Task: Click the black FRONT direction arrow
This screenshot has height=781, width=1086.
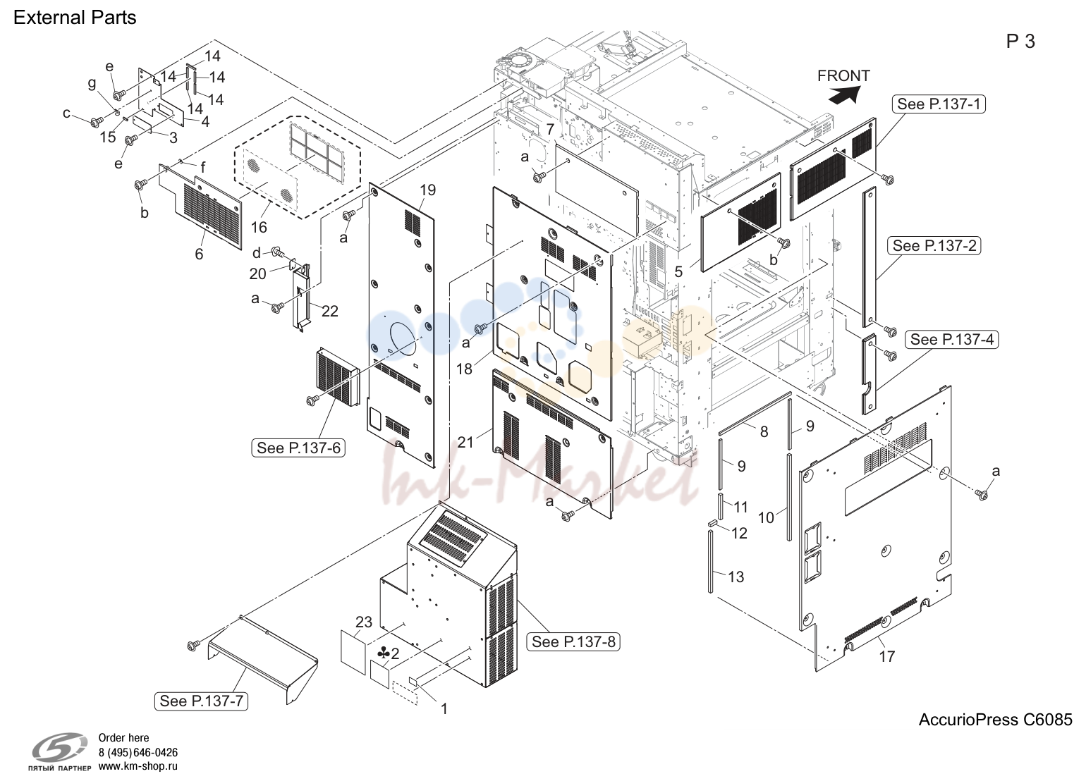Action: pos(846,95)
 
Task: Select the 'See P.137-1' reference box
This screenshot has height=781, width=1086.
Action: pos(939,104)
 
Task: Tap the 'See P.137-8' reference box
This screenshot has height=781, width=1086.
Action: pos(573,641)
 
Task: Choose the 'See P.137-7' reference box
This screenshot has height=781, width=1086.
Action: pos(201,701)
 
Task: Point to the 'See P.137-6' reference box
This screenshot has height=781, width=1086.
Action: pos(298,448)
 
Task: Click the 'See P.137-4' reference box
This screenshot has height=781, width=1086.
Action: pos(952,340)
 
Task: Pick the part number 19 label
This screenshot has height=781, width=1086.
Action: pos(427,190)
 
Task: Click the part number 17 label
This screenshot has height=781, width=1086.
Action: pos(886,656)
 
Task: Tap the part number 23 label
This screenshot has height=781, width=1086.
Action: pos(364,622)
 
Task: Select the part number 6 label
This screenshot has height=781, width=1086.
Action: pos(199,254)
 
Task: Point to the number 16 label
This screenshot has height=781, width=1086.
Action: pos(259,227)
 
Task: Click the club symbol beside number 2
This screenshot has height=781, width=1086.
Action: pos(383,653)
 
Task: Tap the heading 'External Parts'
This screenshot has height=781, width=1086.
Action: pos(75,18)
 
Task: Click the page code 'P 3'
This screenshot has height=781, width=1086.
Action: pos(1020,42)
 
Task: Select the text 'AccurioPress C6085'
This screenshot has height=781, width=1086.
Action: pos(995,720)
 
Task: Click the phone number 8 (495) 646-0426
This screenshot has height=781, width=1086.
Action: pos(138,752)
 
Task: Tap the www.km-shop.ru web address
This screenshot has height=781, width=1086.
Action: pos(138,766)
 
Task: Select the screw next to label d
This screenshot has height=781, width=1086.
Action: pos(277,252)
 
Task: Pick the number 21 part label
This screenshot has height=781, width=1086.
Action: pos(465,442)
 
